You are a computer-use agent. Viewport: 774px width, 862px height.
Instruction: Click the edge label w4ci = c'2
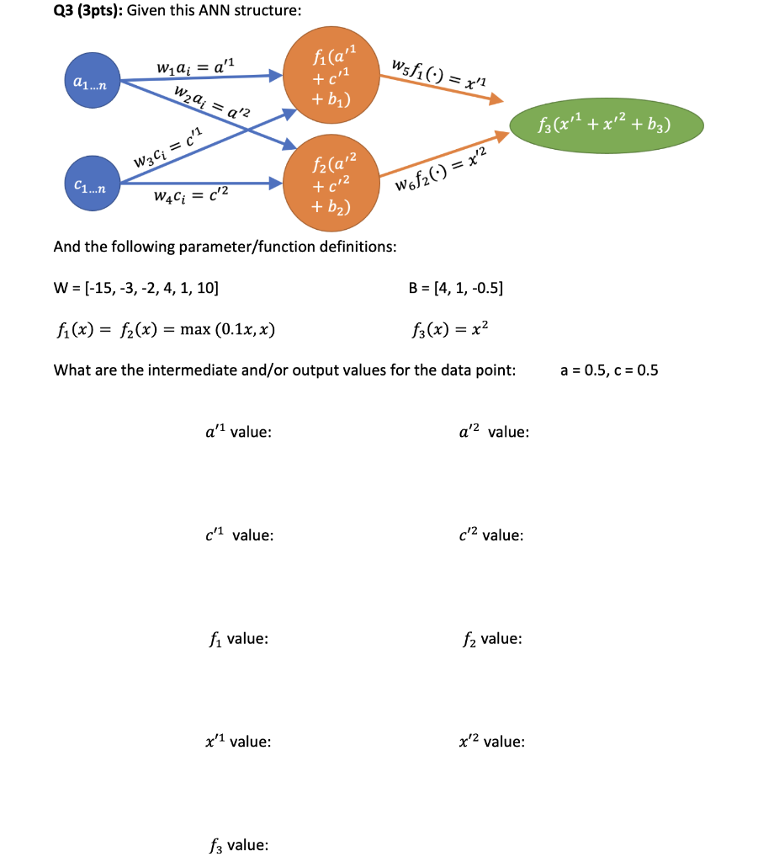tap(190, 197)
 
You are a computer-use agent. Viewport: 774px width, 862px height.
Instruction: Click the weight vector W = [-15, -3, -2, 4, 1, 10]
tap(136, 288)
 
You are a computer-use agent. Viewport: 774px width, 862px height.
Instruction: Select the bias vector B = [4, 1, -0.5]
tap(455, 288)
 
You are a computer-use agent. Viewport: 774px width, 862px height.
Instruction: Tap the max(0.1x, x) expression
tap(222, 328)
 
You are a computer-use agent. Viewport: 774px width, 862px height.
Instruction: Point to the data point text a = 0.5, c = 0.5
tap(608, 369)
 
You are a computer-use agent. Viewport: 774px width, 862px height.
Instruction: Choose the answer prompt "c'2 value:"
tap(491, 535)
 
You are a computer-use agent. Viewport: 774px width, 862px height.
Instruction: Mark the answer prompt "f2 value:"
tap(492, 639)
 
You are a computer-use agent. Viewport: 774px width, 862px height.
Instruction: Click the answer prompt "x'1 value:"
tap(238, 742)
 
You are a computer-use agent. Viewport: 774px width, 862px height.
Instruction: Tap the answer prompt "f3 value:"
tap(237, 844)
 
